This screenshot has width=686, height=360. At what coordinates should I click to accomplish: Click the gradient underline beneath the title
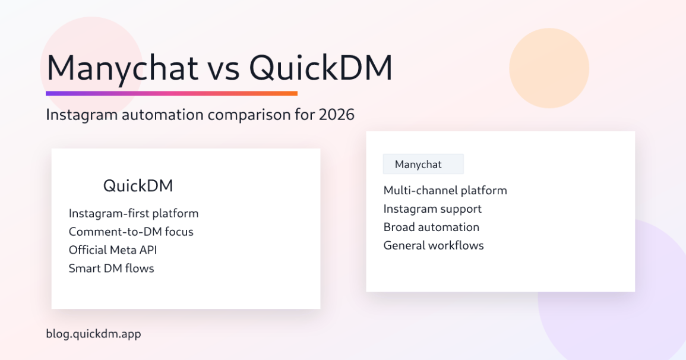click(171, 93)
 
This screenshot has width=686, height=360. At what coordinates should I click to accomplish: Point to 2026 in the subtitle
click(336, 115)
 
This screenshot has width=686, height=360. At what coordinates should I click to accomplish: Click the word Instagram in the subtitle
click(81, 115)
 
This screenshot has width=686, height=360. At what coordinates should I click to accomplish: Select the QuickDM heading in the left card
click(138, 186)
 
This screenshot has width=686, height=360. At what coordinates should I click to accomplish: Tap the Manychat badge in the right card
click(423, 165)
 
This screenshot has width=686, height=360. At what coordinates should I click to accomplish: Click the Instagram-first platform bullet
click(134, 213)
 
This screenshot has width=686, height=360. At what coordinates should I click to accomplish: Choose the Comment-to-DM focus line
click(131, 232)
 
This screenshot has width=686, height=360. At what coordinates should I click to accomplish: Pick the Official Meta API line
click(113, 250)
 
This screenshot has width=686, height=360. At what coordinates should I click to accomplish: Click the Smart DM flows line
click(111, 269)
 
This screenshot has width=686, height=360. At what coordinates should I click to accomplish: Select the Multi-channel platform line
click(445, 191)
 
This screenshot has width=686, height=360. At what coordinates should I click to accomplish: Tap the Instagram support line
click(432, 209)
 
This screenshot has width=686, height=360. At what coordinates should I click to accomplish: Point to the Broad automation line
click(431, 228)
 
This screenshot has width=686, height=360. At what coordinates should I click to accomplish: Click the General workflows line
click(434, 245)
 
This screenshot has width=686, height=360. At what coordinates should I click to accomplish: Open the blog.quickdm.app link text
click(93, 334)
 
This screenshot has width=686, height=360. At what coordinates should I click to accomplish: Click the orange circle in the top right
click(549, 68)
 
